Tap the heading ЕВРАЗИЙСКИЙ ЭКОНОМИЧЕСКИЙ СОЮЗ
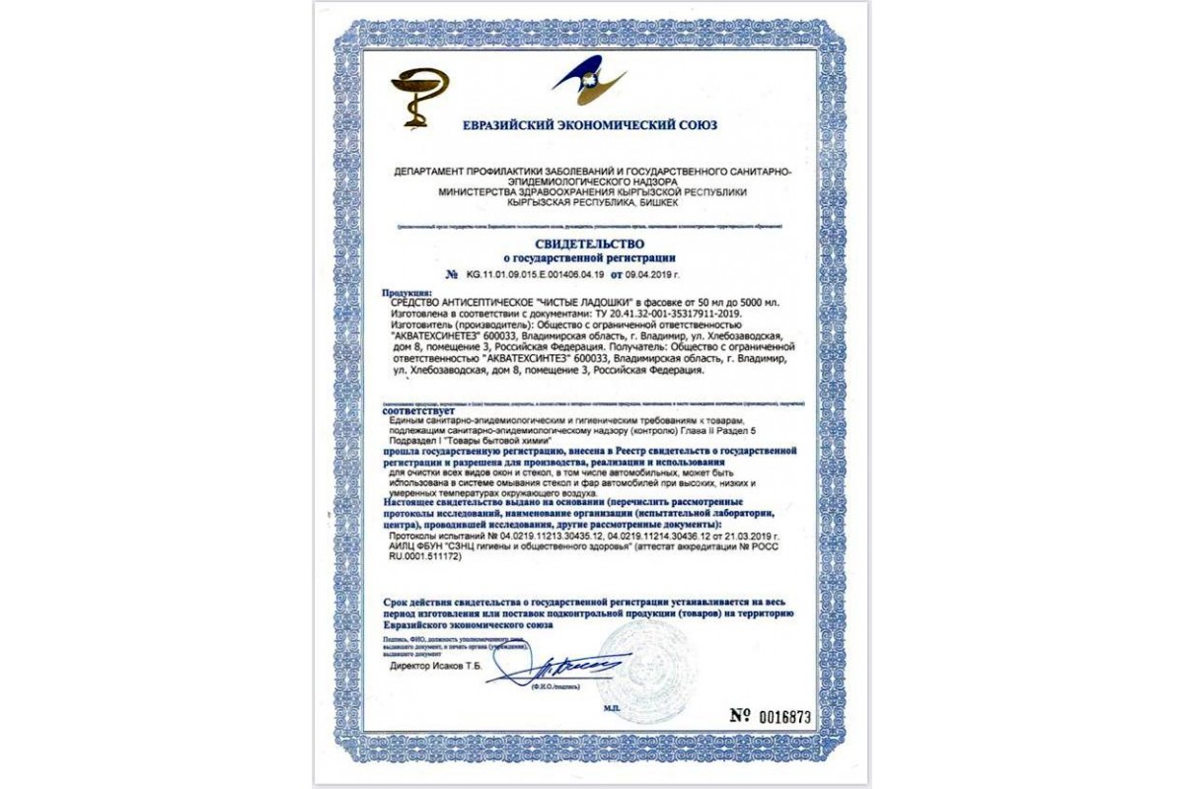point(590,125)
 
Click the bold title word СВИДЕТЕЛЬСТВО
point(590,243)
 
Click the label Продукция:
point(407,293)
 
